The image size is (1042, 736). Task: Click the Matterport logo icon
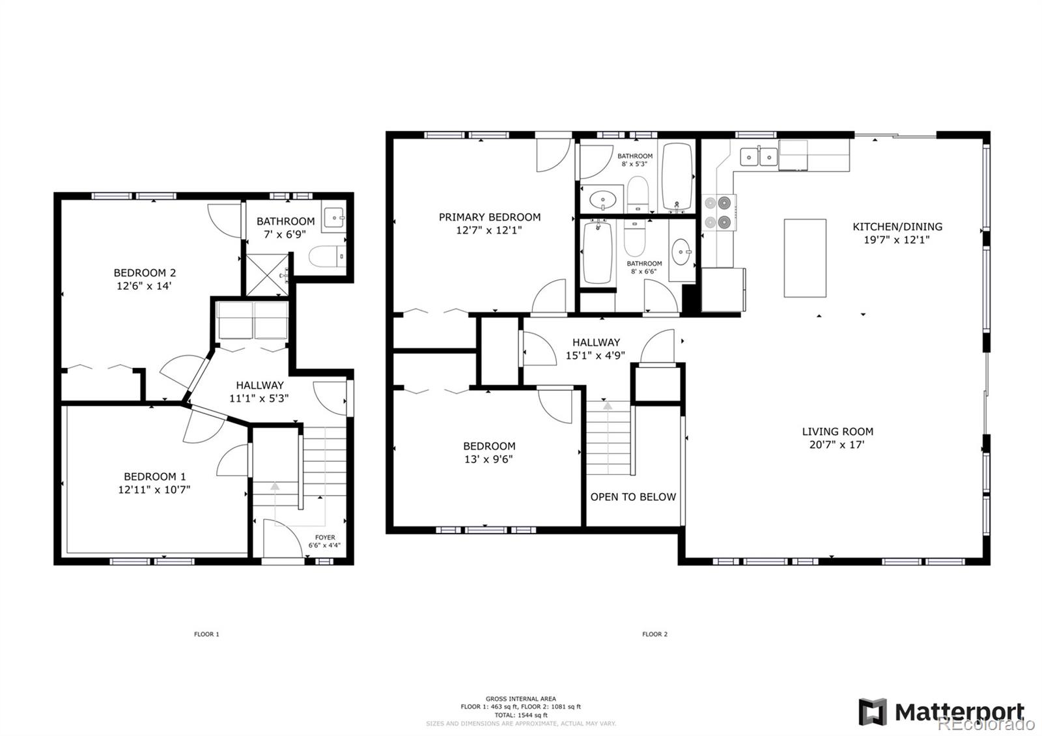click(x=873, y=711)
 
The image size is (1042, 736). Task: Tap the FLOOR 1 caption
click(x=206, y=634)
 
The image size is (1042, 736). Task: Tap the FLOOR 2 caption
click(x=655, y=634)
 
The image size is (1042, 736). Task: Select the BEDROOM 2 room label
click(x=145, y=273)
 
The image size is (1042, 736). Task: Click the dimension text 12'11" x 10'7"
click(x=154, y=489)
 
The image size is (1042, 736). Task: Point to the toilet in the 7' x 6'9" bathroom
click(x=326, y=257)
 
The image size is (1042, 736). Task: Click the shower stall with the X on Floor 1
click(x=266, y=276)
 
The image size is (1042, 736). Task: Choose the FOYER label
click(x=325, y=537)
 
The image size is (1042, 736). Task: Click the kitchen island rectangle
click(x=805, y=258)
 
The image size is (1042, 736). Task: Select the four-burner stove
click(x=719, y=212)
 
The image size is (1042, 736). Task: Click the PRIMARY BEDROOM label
click(x=489, y=217)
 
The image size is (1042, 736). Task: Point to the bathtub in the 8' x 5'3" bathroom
click(x=677, y=177)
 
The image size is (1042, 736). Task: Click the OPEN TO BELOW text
click(x=633, y=497)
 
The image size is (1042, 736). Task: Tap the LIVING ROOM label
click(x=838, y=431)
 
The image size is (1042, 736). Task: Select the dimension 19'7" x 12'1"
click(x=897, y=240)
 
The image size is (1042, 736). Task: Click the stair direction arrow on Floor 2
click(x=608, y=406)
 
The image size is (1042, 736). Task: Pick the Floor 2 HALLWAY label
click(x=596, y=342)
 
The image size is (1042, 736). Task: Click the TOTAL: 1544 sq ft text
click(x=521, y=715)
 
